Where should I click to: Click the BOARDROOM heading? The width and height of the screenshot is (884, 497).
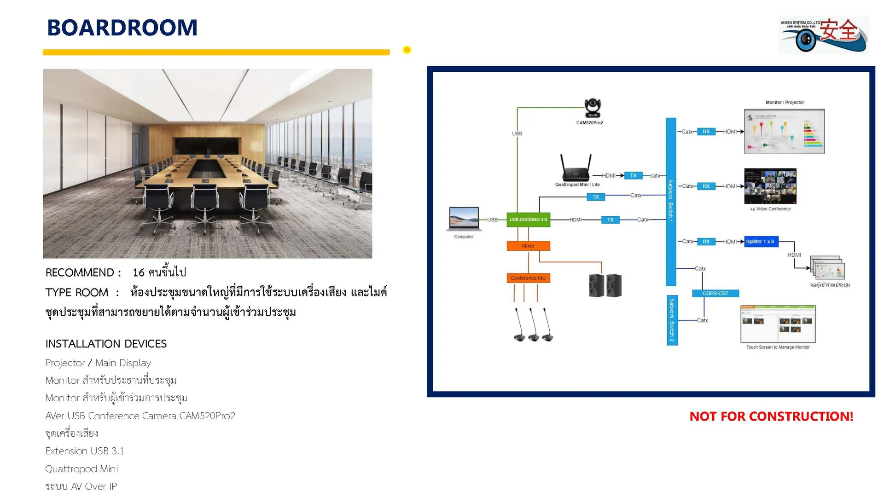click(122, 28)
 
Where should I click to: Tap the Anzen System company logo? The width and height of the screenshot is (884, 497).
click(823, 35)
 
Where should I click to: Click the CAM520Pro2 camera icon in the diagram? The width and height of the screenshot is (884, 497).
click(592, 109)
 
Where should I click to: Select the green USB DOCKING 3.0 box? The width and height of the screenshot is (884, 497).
click(528, 220)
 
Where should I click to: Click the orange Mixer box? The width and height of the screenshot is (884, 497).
click(528, 246)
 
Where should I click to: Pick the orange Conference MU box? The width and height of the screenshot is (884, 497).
click(528, 278)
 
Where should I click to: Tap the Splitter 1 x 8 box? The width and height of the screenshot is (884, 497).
click(760, 242)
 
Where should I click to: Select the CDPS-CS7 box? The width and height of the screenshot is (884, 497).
click(715, 293)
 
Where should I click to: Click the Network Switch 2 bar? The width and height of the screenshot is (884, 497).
click(672, 320)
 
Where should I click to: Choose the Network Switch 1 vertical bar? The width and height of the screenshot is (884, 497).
click(671, 202)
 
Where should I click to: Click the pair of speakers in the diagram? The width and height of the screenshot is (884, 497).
click(605, 285)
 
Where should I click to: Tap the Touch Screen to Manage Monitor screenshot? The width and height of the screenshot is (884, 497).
click(778, 324)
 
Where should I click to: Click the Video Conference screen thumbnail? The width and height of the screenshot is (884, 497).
click(770, 186)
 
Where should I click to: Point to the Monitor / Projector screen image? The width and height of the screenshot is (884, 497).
click(784, 131)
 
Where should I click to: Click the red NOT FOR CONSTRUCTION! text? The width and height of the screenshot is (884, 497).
click(771, 416)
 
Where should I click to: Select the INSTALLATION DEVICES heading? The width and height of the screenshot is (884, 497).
click(106, 344)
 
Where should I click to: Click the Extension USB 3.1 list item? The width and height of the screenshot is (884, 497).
click(85, 451)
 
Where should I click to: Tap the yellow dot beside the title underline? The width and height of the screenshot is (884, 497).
click(407, 50)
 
